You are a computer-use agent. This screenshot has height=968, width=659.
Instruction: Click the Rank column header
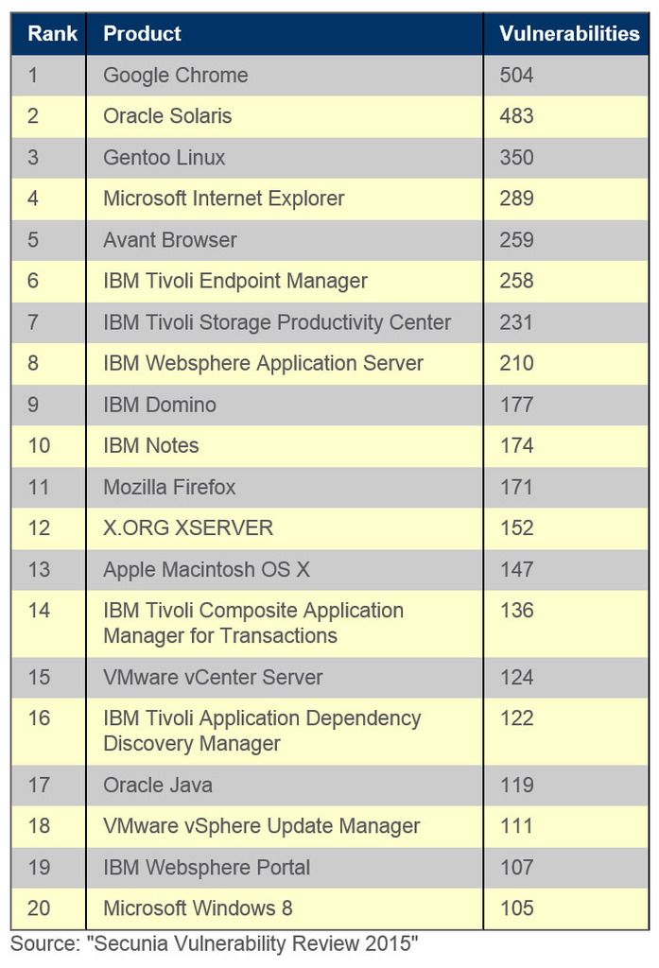[46, 34]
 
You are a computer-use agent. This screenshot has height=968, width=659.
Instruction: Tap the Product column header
[142, 34]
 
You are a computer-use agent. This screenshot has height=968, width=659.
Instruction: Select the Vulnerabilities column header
[569, 34]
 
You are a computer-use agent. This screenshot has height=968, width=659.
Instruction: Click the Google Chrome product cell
[175, 76]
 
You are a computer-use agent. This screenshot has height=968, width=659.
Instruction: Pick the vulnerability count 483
[517, 116]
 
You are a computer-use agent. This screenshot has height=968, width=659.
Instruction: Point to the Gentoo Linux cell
[164, 158]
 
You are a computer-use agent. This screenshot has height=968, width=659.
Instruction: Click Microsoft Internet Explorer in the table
[223, 199]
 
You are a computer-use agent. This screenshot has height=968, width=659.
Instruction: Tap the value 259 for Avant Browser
[517, 240]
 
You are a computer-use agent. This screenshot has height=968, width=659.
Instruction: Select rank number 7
[33, 322]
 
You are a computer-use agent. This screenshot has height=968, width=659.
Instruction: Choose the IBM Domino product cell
[159, 405]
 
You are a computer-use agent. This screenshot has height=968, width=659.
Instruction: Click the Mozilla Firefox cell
[169, 487]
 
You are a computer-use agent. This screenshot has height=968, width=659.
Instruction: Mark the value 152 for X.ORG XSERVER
[517, 527]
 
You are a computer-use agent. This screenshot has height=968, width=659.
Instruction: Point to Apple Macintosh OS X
[206, 569]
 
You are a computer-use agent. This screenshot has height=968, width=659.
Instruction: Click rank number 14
[39, 611]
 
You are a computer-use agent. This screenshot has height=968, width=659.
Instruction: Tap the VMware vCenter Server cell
[213, 678]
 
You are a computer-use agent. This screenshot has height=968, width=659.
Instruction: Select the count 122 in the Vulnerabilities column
[517, 718]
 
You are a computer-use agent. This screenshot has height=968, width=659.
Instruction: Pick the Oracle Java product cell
[158, 785]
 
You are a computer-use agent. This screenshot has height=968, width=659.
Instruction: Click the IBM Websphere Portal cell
[206, 867]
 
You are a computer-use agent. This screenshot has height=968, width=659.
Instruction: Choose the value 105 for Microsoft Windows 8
[517, 908]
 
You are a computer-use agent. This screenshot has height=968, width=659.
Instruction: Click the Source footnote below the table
[215, 942]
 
